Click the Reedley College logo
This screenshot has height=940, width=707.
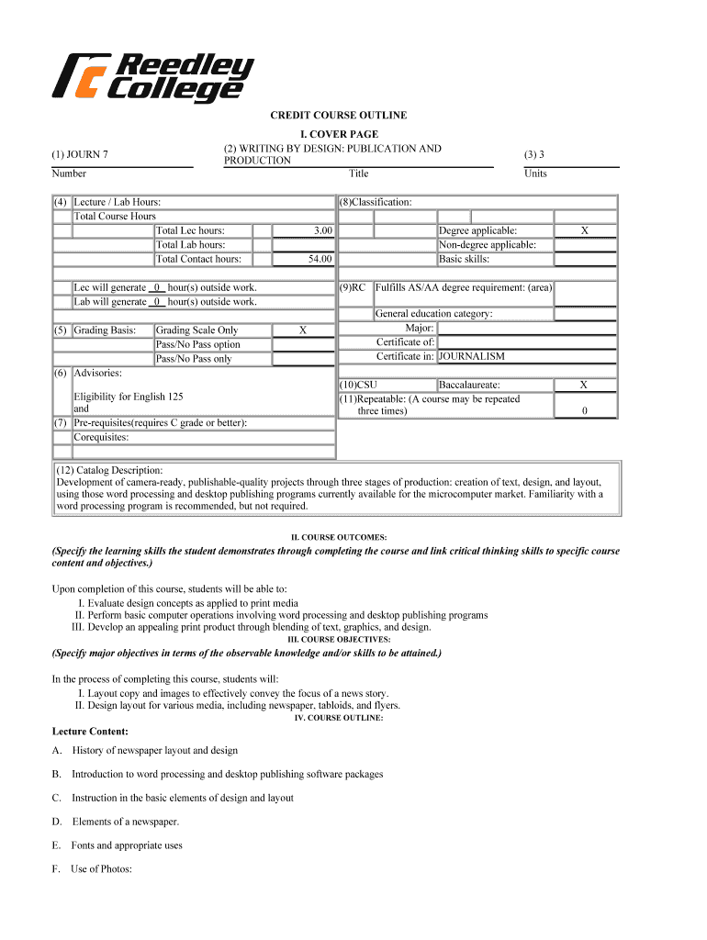tap(153, 77)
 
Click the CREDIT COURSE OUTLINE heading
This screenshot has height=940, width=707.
tap(338, 116)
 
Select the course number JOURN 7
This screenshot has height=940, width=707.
tap(81, 154)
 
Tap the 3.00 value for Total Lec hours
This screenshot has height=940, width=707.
tap(321, 231)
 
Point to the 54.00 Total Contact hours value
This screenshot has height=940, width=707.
tap(320, 260)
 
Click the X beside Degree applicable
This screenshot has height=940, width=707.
tap(585, 231)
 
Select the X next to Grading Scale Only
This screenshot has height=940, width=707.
tap(303, 330)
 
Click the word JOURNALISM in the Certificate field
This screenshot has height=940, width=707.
tap(472, 356)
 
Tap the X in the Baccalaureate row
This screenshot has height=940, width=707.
tap(585, 386)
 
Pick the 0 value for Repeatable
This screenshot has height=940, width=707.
tap(585, 412)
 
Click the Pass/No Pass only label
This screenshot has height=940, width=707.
tap(194, 359)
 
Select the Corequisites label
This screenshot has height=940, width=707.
tap(101, 438)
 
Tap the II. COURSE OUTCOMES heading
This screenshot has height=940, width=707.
tap(338, 537)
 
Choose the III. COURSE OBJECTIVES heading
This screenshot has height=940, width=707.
tap(339, 639)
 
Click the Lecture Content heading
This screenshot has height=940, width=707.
tap(90, 732)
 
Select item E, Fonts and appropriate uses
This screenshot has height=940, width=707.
tap(127, 845)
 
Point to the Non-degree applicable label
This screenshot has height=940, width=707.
tap(488, 245)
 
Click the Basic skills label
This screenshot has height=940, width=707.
tap(464, 260)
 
